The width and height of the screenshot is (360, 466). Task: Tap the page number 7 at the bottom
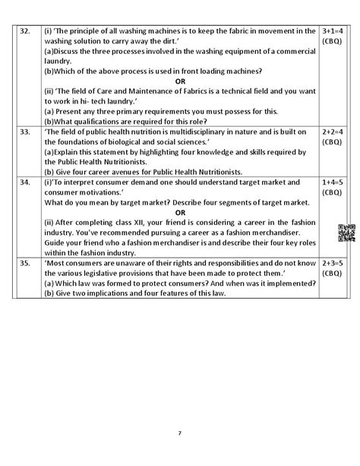click(179, 433)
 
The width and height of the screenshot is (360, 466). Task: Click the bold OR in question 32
click(180, 81)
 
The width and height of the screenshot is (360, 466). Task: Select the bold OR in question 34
click(180, 213)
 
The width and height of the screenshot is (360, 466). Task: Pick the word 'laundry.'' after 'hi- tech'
click(123, 101)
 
